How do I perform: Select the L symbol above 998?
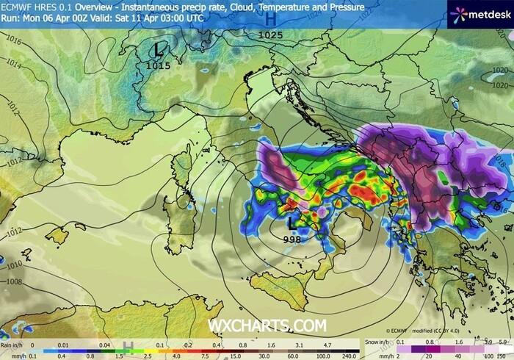tap(293, 220)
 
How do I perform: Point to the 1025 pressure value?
tap(270, 35)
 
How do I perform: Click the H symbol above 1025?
tap(270, 19)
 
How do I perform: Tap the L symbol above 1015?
tap(158, 50)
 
